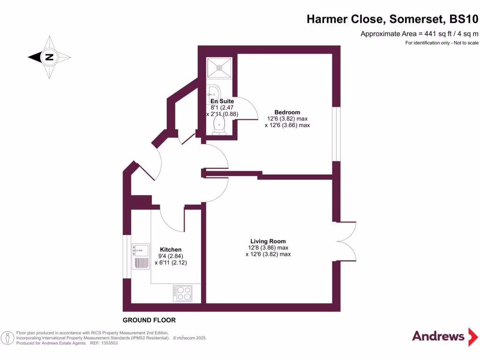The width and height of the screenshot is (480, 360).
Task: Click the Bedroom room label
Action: [287, 112]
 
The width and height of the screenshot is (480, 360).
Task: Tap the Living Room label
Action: [268, 241]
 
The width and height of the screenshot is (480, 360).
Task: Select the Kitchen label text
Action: [171, 249]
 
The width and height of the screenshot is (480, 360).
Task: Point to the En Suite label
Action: [222, 101]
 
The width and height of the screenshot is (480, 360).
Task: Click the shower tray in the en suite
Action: [219, 67]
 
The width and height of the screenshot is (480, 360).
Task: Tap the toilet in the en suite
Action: [219, 125]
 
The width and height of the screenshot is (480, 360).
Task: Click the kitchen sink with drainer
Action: [140, 256]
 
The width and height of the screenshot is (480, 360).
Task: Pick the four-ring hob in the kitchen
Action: [182, 293]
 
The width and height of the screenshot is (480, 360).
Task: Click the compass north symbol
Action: [49, 58]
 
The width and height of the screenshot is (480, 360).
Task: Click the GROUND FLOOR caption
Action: [149, 320]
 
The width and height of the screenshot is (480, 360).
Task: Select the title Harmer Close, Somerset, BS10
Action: [392, 19]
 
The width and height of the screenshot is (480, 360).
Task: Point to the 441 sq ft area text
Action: [419, 34]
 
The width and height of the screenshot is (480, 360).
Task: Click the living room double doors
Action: [346, 241]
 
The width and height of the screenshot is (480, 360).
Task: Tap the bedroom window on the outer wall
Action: [336, 134]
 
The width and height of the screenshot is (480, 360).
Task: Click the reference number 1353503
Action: [107, 343]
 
